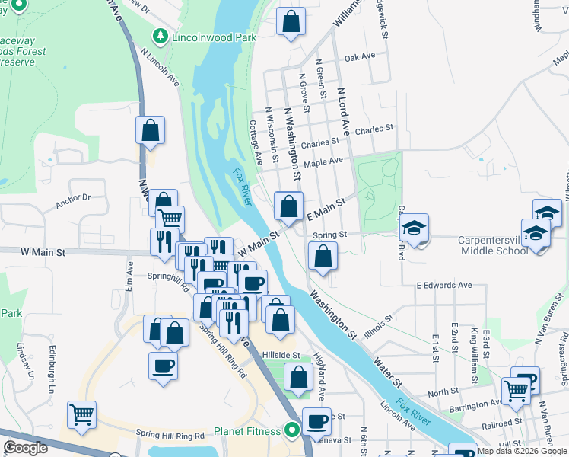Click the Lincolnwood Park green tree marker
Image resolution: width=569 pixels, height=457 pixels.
point(160,36)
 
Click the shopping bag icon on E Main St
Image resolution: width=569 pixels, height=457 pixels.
point(289,206)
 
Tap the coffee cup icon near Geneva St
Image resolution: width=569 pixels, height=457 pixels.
point(316,421)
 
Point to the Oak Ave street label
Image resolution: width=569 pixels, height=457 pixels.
point(360,56)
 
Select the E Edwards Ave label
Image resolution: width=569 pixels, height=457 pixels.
point(443,285)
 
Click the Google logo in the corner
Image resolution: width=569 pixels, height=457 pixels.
point(25,448)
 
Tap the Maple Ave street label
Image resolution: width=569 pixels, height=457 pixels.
point(323,161)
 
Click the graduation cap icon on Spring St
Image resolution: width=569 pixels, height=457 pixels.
point(415,228)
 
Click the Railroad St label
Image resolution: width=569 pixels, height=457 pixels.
point(501,420)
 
